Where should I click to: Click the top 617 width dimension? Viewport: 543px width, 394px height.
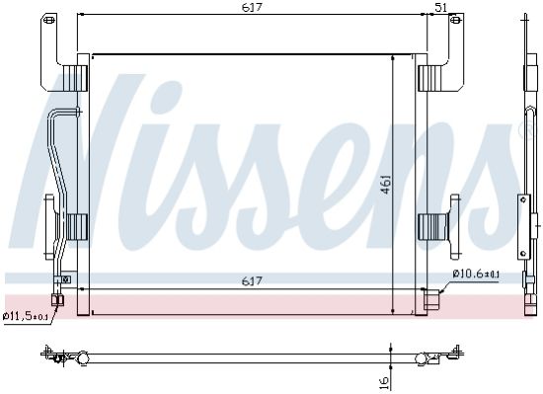click(252, 7)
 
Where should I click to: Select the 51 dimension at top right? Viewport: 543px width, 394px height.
click(441, 7)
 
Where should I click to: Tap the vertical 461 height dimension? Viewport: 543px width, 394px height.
click(386, 185)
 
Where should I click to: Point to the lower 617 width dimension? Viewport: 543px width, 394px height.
click(252, 280)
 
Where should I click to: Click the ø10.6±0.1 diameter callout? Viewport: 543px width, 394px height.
click(476, 275)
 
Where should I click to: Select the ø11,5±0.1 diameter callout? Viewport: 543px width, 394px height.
click(25, 316)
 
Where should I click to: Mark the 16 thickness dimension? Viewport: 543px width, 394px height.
click(385, 382)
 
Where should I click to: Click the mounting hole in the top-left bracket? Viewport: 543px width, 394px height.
click(49, 20)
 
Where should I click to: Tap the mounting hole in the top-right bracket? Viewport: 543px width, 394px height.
click(456, 20)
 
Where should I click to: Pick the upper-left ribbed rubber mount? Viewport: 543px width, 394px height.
click(75, 78)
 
